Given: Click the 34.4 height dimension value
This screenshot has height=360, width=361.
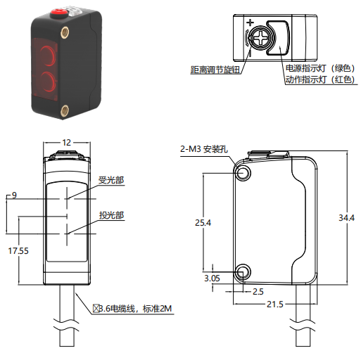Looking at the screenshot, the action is (346, 218).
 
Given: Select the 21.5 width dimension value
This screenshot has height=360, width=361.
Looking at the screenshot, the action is (275, 304).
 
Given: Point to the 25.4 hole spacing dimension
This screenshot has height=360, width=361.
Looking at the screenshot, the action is (203, 222).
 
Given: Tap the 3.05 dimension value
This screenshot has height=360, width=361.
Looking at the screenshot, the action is (212, 278).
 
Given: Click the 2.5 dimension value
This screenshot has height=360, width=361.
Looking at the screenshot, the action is (258, 292).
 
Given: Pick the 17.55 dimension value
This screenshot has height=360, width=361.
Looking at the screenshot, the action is (18, 251).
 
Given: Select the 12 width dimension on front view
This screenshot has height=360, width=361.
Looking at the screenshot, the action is (66, 143).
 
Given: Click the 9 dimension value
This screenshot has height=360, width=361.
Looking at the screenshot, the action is (14, 195).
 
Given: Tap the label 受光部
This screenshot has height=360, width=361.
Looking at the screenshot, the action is (111, 180).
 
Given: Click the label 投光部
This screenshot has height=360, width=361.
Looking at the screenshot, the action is (111, 215).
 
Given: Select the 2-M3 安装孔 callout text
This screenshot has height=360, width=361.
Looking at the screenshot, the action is (204, 149).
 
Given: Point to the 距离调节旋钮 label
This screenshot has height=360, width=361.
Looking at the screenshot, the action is (215, 70).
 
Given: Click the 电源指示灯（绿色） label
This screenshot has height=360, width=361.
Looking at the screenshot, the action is (320, 68).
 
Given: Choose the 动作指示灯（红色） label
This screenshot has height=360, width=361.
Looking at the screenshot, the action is (320, 79).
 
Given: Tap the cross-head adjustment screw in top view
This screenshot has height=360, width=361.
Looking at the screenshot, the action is (260, 38).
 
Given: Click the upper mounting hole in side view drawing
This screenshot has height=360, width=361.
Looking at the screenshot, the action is (243, 174).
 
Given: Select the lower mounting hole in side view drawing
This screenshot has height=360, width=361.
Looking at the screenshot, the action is (243, 272).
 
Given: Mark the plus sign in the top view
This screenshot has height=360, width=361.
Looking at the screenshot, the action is (251, 22).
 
